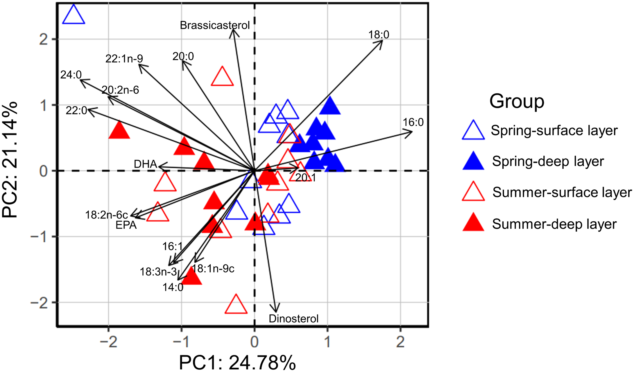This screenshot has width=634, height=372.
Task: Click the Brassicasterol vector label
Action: click(x=214, y=25)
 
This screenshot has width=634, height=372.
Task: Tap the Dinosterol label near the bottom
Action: click(x=293, y=319)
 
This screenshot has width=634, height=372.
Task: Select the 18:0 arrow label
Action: click(x=379, y=35)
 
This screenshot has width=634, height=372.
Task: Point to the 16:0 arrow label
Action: click(x=413, y=122)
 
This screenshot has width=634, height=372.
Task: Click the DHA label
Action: click(x=145, y=164)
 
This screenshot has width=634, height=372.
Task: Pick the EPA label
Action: click(x=126, y=225)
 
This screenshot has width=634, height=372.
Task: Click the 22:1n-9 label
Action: click(x=124, y=59)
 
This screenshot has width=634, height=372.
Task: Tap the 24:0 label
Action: click(x=71, y=75)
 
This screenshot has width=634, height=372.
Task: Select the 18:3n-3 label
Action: click(x=158, y=272)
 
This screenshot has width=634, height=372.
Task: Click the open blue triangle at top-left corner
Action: click(x=74, y=15)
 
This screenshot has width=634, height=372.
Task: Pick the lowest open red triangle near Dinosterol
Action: click(x=236, y=305)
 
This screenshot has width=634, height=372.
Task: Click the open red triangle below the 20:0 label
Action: click(x=222, y=77)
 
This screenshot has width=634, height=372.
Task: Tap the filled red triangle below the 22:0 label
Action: click(x=119, y=131)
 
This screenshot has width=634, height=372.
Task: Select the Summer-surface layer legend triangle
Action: click(x=473, y=193)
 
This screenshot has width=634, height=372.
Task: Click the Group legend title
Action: click(x=517, y=101)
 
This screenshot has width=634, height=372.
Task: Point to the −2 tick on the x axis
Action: click(x=108, y=342)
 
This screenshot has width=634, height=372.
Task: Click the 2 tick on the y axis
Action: click(x=43, y=39)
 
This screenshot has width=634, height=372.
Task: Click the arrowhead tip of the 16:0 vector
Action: click(x=412, y=133)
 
